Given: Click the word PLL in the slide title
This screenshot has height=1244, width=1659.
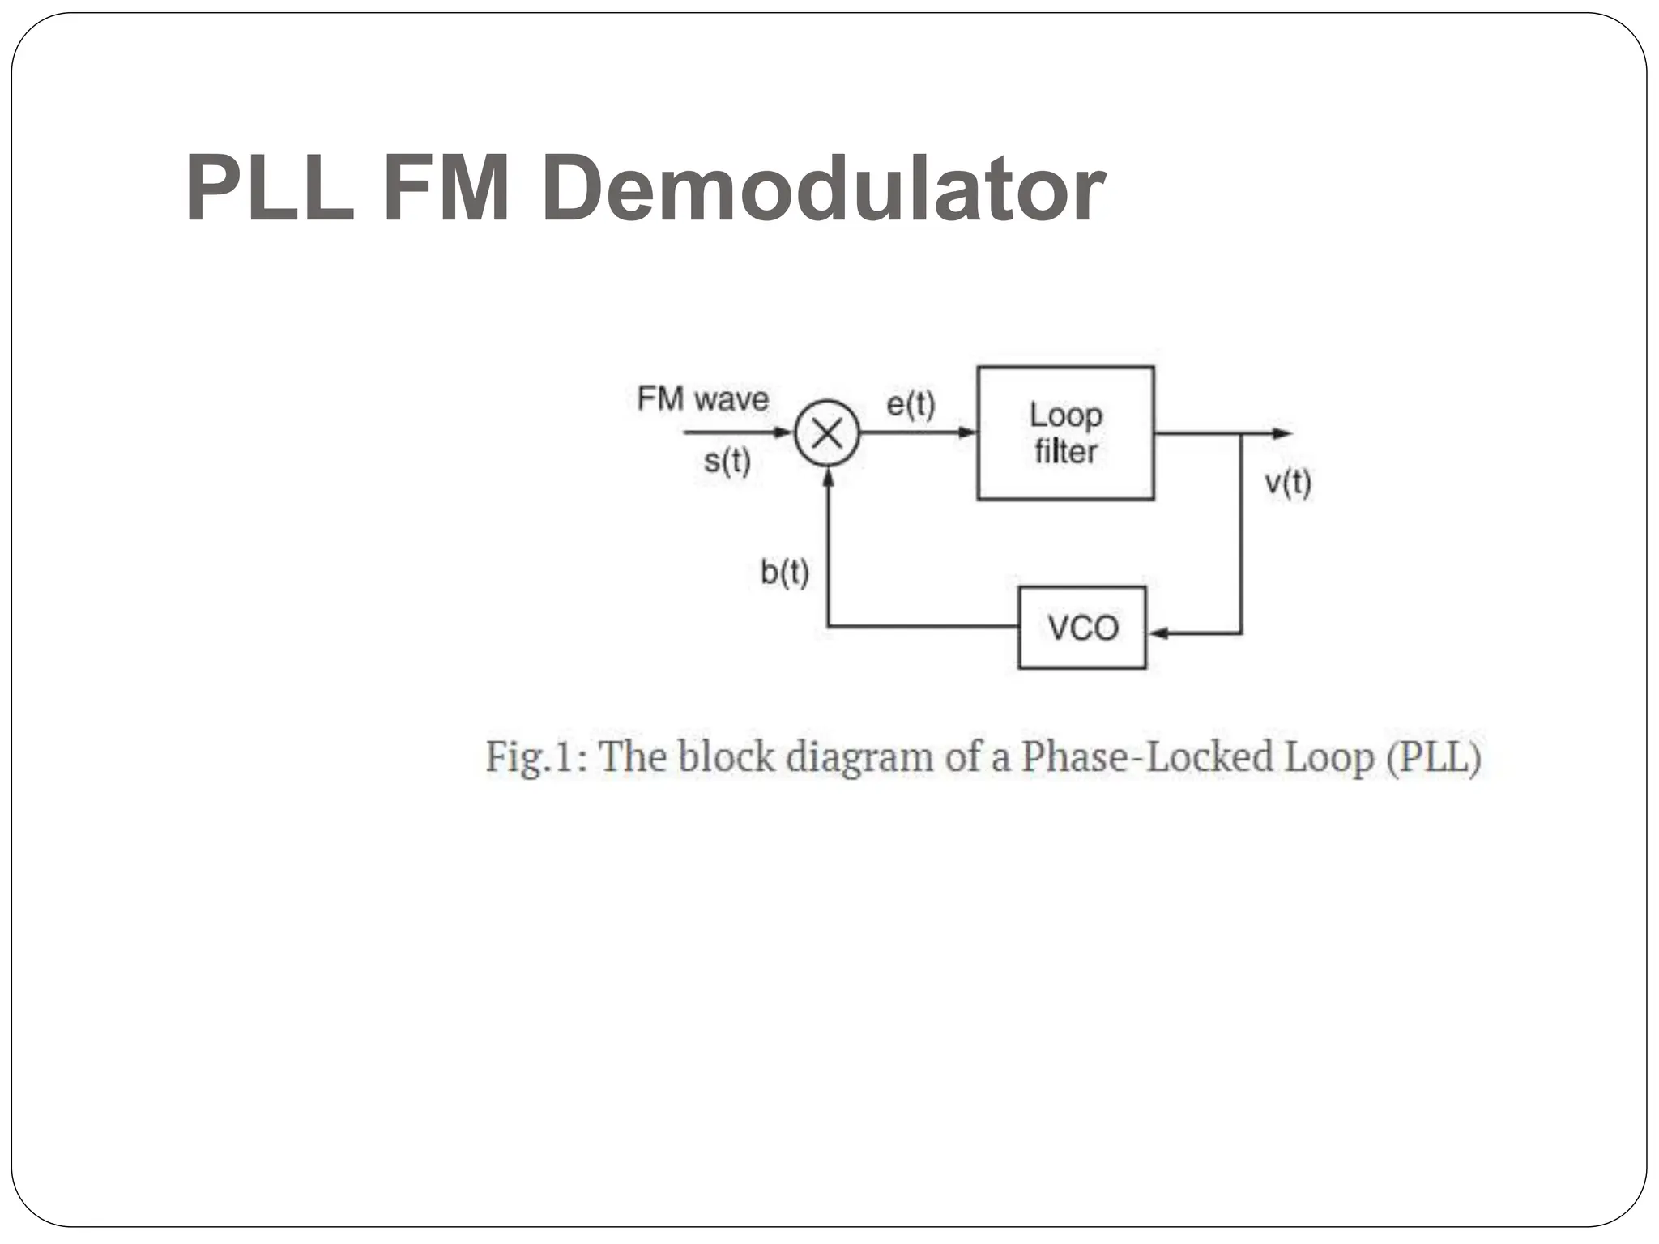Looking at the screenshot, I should pos(270,189).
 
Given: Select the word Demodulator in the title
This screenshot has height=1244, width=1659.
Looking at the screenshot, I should pos(822,189).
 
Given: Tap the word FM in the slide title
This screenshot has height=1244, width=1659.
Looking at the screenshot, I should pos(446,189).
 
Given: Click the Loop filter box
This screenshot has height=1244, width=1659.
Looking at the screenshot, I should pos(1065,433).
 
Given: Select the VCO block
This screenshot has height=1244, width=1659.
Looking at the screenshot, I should pos(1082,628).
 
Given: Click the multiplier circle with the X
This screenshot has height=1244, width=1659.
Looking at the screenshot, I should pos(827,434).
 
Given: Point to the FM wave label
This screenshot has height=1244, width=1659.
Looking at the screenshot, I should pos(702,399).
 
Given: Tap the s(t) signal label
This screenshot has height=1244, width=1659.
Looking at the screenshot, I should pos(727,462).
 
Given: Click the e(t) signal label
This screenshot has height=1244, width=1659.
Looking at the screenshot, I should pos(911,403).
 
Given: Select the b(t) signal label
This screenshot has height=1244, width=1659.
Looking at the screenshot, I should pos(784,573).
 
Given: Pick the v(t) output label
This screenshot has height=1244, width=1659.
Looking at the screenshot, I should pos(1287,483).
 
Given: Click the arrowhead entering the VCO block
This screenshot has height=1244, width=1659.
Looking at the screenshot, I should pos(1157,633).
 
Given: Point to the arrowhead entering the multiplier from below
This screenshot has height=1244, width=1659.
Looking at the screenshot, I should pos(828,477).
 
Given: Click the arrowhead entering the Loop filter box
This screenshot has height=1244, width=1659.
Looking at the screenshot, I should pos(968,433).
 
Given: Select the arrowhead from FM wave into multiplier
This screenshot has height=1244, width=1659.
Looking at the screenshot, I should pos(783,432).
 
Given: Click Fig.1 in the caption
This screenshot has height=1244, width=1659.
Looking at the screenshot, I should pos(536,757).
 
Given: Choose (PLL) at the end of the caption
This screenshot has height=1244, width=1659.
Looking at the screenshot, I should pos(1434,757).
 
